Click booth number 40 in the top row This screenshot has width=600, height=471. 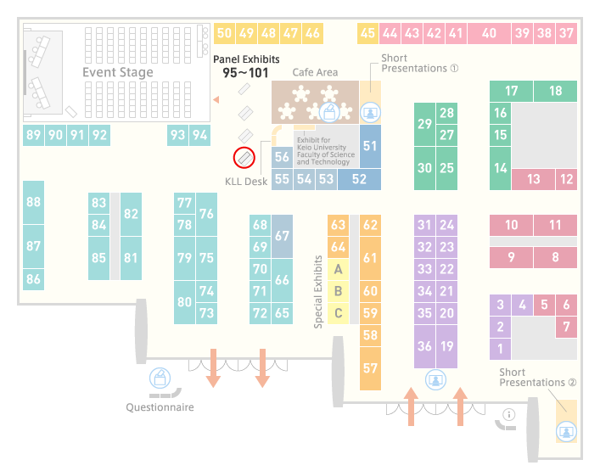pyautogui.click(x=489, y=33)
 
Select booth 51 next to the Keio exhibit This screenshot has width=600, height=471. pyautogui.click(x=370, y=146)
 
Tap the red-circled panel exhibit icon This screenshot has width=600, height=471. pyautogui.click(x=244, y=157)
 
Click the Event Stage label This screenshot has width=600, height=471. pyautogui.click(x=118, y=72)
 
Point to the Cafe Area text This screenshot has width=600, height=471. pyautogui.click(x=315, y=72)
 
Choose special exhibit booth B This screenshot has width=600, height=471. pyautogui.click(x=339, y=291)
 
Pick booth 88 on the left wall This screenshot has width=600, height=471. pyautogui.click(x=33, y=202)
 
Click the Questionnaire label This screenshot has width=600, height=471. pyautogui.click(x=160, y=407)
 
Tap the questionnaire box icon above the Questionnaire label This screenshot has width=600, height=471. pyautogui.click(x=160, y=378)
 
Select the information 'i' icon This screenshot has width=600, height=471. pyautogui.click(x=509, y=414)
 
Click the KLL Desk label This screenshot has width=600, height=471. pyautogui.click(x=246, y=182)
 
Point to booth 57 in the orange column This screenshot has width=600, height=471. pyautogui.click(x=370, y=368)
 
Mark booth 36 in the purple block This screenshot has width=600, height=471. pyautogui.click(x=424, y=346)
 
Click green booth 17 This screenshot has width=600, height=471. pyautogui.click(x=511, y=91)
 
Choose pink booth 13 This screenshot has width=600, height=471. pyautogui.click(x=534, y=179)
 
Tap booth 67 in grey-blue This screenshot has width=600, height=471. pyautogui.click(x=282, y=236)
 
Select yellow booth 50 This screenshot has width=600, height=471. pyautogui.click(x=224, y=33)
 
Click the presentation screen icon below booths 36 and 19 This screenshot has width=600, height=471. pyautogui.click(x=435, y=379)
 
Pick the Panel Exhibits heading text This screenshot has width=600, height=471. pyautogui.click(x=246, y=59)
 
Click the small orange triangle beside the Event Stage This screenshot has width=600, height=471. pyautogui.click(x=216, y=100)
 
